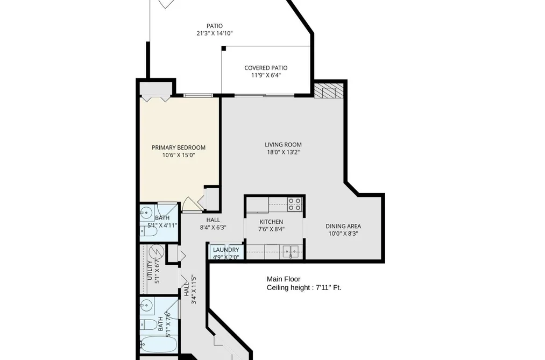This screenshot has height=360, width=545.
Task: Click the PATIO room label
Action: pyautogui.click(x=215, y=26)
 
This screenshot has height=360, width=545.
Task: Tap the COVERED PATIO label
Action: pyautogui.click(x=266, y=68)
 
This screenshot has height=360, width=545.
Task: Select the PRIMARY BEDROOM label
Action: pyautogui.click(x=179, y=147)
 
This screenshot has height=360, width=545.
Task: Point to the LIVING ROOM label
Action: pyautogui.click(x=284, y=145)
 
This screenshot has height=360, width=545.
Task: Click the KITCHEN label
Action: pyautogui.click(x=272, y=222)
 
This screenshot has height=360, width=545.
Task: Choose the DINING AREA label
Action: pyautogui.click(x=343, y=226)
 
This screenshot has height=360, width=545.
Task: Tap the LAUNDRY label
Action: pyautogui.click(x=226, y=250)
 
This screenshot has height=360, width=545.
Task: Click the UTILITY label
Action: pyautogui.click(x=150, y=270)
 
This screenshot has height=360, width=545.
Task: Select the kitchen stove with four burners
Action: pyautogui.click(x=295, y=204)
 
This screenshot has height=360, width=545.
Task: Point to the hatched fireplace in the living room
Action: pyautogui.click(x=329, y=90)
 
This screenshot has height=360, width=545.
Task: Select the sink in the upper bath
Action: pyautogui.click(x=147, y=211)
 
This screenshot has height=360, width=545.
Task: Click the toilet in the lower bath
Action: pyautogui.click(x=148, y=325)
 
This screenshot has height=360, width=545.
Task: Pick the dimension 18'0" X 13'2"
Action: pyautogui.click(x=284, y=152)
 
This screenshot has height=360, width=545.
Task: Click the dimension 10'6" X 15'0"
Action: pyautogui.click(x=179, y=155)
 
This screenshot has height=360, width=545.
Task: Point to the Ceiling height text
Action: pyautogui.click(x=304, y=288)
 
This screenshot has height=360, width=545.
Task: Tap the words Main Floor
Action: pyautogui.click(x=284, y=279)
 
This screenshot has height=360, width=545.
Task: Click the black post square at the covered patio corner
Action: pyautogui.click(x=224, y=48)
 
